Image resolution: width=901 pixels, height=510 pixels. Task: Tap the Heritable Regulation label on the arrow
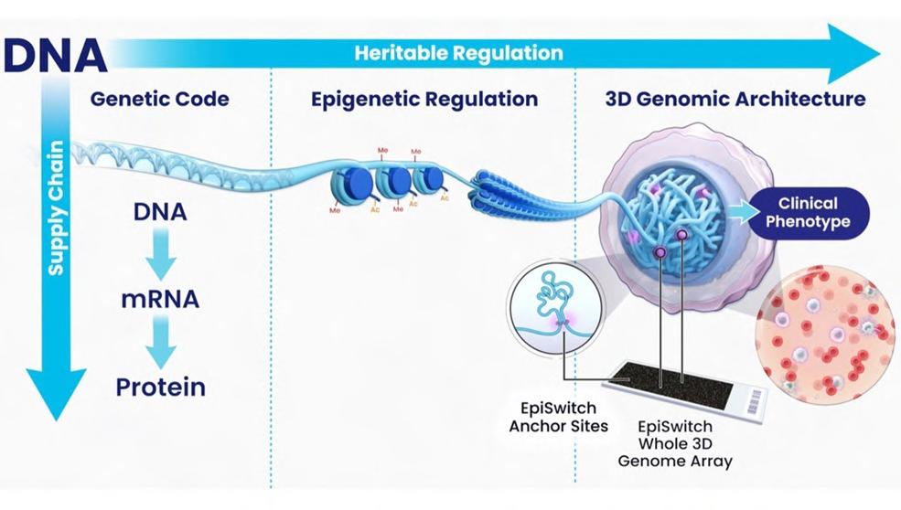point(458,52)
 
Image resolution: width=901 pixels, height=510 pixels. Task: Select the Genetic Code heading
point(159,99)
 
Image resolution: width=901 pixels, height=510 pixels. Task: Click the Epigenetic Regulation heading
point(424,99)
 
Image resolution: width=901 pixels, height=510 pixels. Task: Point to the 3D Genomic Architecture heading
point(735,99)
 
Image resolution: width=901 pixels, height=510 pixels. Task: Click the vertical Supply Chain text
point(57,208)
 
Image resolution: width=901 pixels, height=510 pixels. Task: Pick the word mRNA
point(160,299)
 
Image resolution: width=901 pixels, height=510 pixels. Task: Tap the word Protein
point(160,387)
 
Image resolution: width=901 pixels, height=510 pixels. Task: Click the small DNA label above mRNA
point(160,212)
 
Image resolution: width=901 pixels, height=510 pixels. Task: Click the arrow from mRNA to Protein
point(160,343)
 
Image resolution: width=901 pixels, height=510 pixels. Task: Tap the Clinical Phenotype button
point(808,213)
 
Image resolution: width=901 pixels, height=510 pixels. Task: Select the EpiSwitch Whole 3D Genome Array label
point(675,443)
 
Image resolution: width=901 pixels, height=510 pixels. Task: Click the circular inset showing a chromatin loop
point(554,301)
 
